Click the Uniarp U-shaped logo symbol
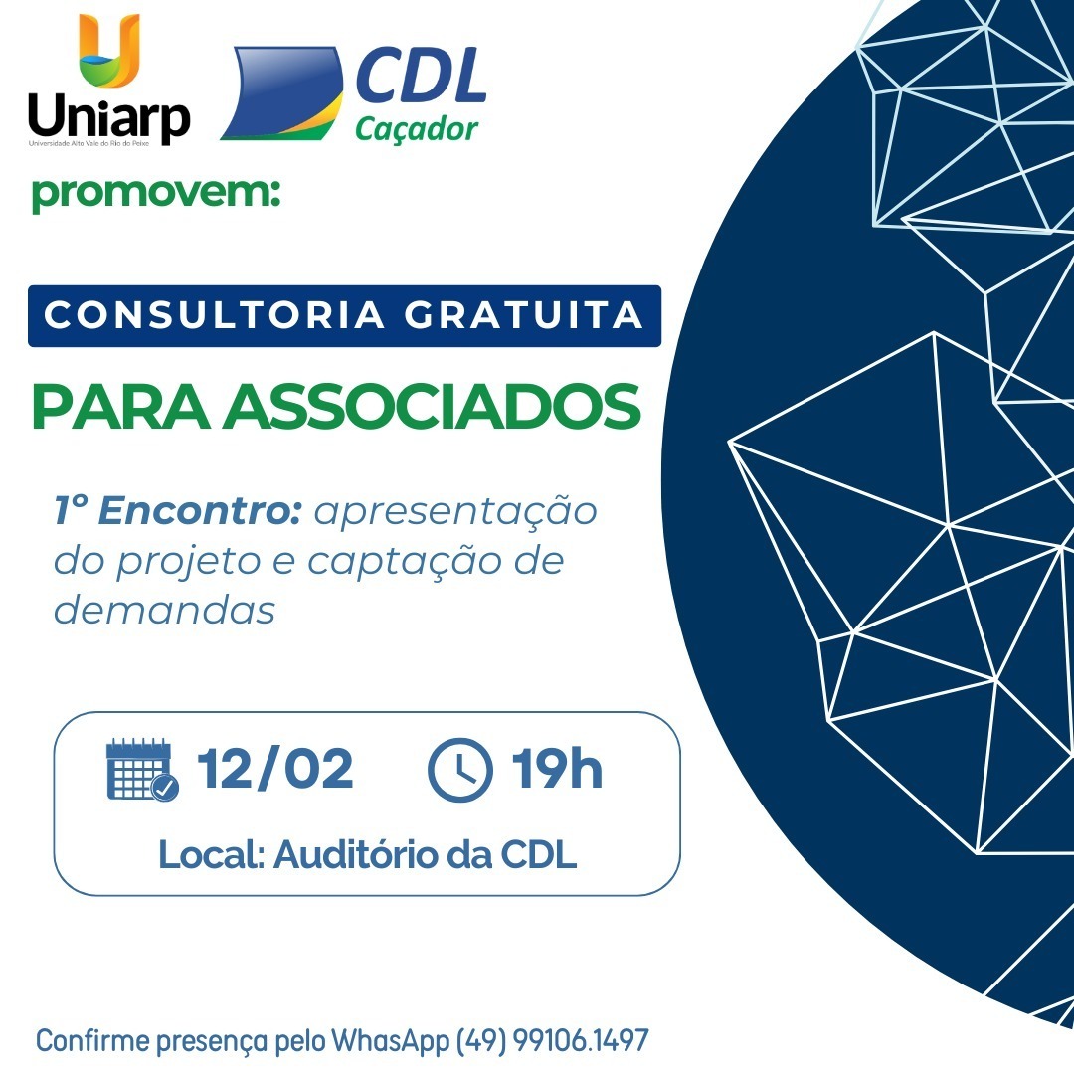(109, 50)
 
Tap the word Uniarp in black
(109, 117)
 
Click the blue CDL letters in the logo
(422, 76)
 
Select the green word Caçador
(417, 128)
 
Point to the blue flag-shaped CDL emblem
(281, 93)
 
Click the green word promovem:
(156, 193)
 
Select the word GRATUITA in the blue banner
(523, 316)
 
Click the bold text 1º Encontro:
(178, 510)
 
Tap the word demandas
(164, 609)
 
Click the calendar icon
(142, 769)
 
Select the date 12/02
(275, 769)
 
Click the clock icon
(460, 769)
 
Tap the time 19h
(557, 768)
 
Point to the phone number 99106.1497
(580, 1040)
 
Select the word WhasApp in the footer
(391, 1041)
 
